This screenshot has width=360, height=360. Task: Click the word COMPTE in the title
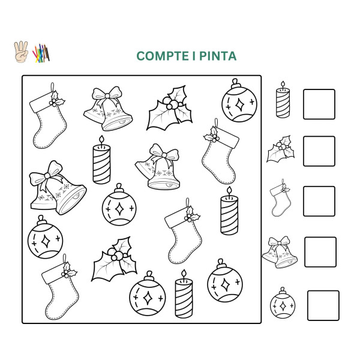coord(158,56)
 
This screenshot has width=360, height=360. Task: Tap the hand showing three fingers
coord(20,52)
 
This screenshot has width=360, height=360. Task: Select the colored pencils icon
coord(40,53)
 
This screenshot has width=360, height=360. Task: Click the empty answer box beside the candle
coord(319,104)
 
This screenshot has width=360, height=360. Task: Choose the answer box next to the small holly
coord(319,151)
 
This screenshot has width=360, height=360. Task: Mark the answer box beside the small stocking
coord(319,201)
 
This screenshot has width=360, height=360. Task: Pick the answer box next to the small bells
coord(320,252)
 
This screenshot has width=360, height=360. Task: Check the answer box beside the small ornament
coord(323,305)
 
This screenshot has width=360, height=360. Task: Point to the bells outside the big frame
coord(279,252)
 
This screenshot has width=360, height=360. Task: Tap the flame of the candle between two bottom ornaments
coord(183,275)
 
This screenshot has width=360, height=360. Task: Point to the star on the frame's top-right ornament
coord(238,104)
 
